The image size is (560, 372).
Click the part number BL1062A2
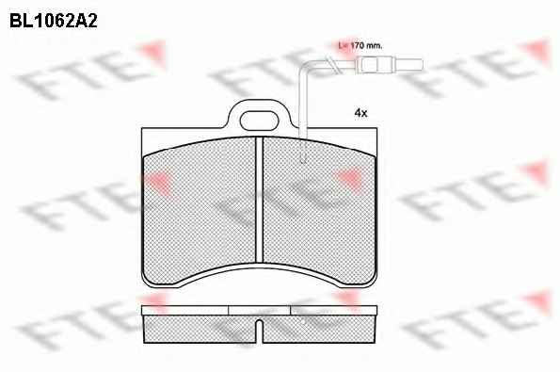[x=54, y=21]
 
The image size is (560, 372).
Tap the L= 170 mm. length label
[x=360, y=46]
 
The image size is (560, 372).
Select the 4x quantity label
[x=360, y=113]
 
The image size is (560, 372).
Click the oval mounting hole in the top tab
[x=259, y=121]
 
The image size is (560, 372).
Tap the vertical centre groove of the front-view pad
[x=259, y=200]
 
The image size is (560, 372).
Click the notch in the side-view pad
[x=260, y=328]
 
